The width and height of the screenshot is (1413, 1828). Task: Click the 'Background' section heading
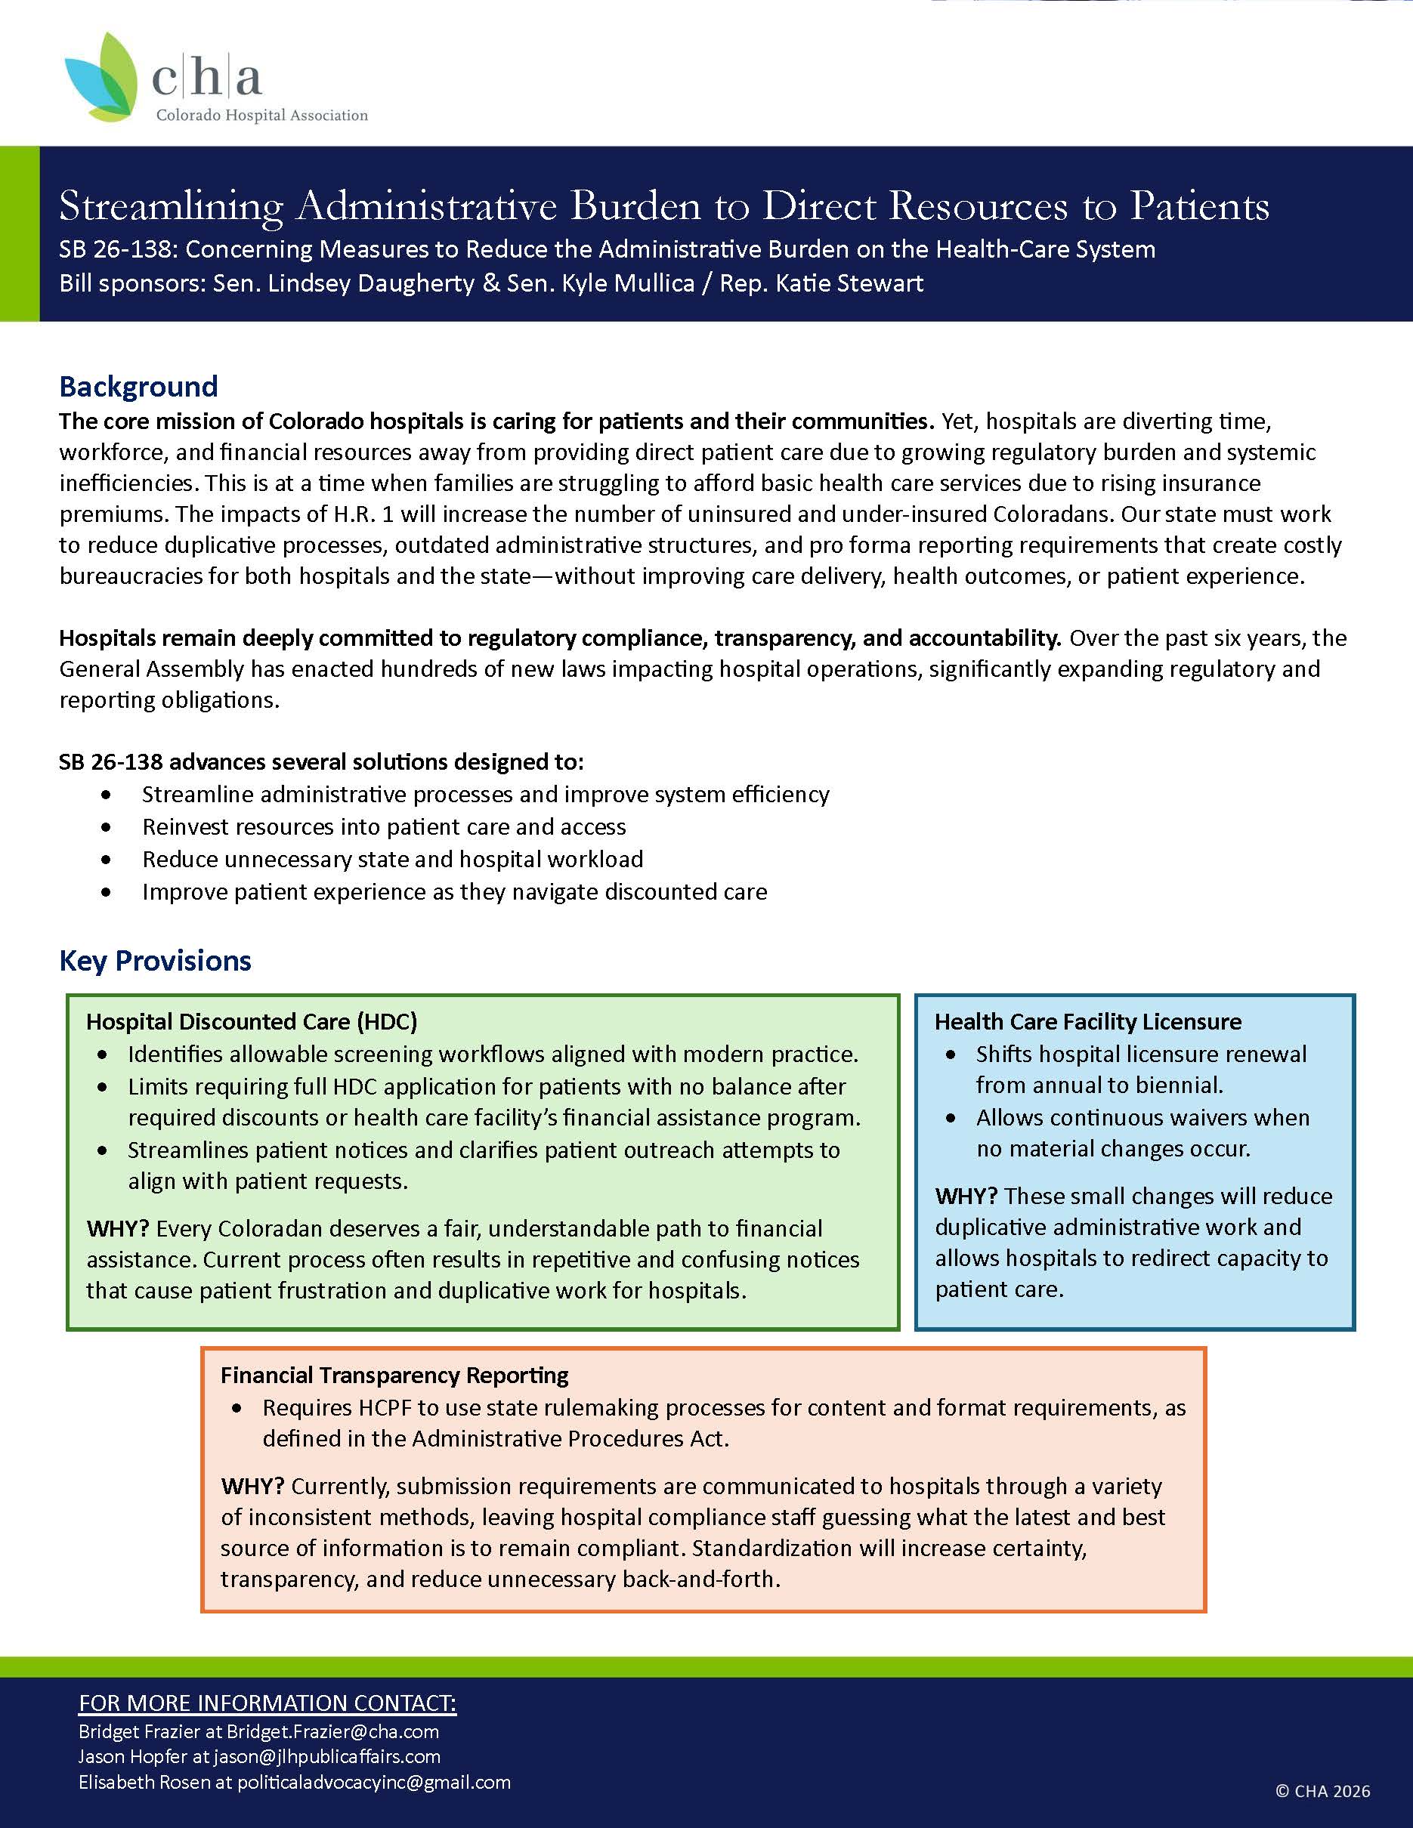point(138,386)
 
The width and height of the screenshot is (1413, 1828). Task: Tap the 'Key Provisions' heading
point(155,960)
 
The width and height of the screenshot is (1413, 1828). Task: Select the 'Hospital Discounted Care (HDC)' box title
point(251,1021)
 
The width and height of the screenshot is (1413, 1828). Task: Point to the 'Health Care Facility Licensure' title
point(1087,1021)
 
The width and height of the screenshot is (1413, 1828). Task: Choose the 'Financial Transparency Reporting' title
point(394,1376)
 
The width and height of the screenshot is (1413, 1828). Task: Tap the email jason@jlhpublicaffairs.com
point(326,1756)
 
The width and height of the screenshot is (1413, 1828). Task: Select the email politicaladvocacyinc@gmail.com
point(373,1782)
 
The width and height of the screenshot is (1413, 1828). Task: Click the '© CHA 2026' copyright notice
point(1322,1790)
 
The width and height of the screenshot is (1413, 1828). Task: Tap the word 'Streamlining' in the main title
point(172,206)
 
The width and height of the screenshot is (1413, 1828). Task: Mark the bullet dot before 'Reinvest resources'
point(106,827)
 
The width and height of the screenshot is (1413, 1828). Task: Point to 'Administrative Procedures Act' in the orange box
point(569,1438)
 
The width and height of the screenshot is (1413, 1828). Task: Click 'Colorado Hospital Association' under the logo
point(262,116)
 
